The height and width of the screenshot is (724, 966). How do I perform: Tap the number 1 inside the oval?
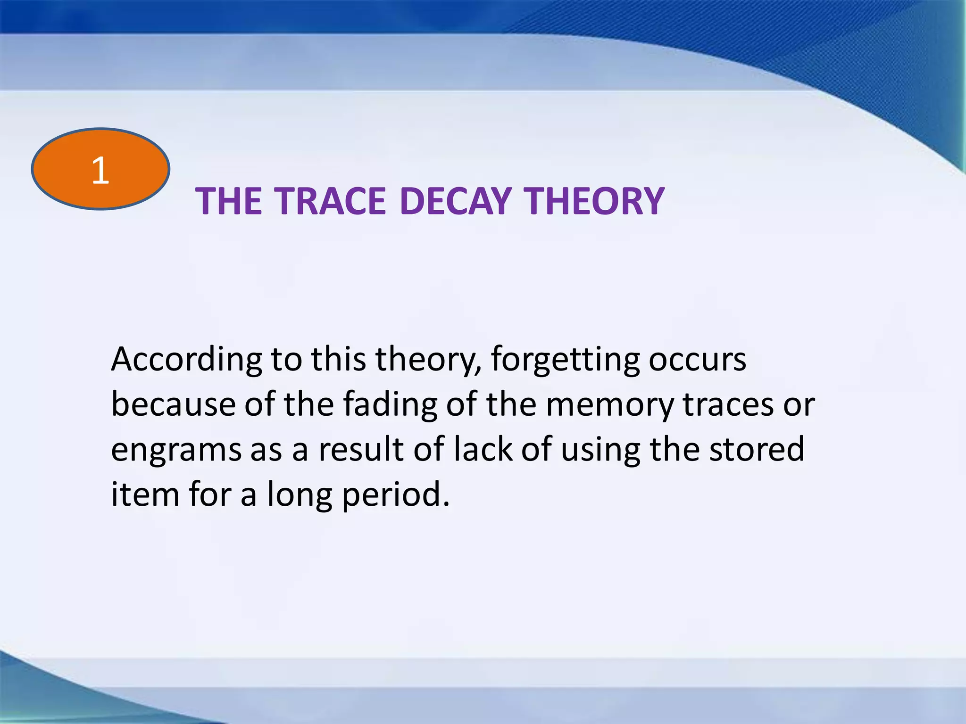click(x=100, y=170)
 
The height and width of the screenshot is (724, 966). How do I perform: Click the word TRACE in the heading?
click(x=330, y=201)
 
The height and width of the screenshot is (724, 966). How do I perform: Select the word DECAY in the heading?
click(x=456, y=201)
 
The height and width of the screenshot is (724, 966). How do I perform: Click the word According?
click(x=186, y=360)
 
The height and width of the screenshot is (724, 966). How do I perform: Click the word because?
click(x=173, y=404)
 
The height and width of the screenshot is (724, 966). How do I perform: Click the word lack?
click(x=483, y=449)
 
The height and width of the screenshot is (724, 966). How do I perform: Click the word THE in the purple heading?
click(x=228, y=201)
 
